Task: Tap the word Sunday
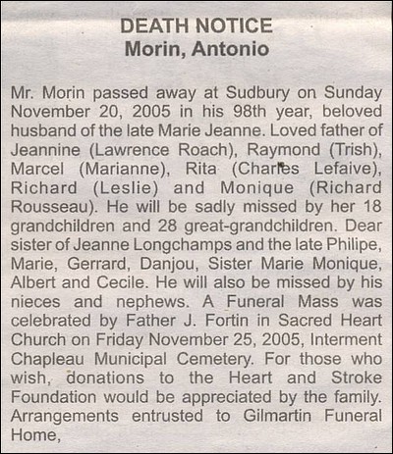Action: (349, 90)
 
